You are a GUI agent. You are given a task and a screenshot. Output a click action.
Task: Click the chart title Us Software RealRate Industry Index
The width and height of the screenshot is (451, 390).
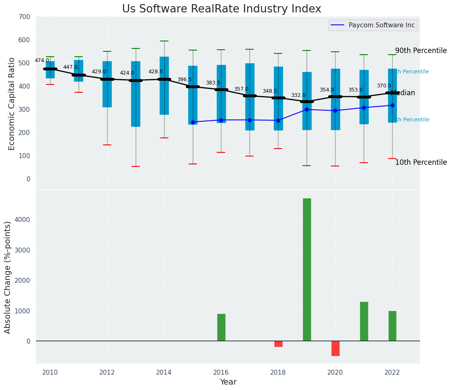pyautogui.click(x=221, y=9)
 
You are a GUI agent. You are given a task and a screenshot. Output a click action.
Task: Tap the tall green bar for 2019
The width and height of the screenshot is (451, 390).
pyautogui.click(x=307, y=269)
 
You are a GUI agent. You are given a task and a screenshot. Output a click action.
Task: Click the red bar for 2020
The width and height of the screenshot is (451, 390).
pyautogui.click(x=335, y=348)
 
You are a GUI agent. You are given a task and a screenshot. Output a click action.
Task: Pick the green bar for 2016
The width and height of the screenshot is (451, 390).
pyautogui.click(x=221, y=327)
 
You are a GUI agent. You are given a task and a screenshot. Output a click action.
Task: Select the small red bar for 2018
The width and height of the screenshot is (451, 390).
pyautogui.click(x=278, y=344)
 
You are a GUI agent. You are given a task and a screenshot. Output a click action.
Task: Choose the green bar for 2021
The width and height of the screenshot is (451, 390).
pyautogui.click(x=364, y=321)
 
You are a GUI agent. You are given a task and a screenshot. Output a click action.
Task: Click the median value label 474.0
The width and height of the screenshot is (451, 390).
pyautogui.click(x=42, y=60)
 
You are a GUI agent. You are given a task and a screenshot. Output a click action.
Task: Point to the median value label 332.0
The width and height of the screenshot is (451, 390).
pyautogui.click(x=298, y=96)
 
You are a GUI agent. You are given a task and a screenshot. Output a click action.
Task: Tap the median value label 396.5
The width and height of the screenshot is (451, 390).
pyautogui.click(x=185, y=79)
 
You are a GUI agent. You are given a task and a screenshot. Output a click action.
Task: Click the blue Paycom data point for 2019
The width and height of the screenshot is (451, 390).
pyautogui.click(x=307, y=109)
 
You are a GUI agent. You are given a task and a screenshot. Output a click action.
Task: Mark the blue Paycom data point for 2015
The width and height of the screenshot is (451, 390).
pyautogui.click(x=193, y=122)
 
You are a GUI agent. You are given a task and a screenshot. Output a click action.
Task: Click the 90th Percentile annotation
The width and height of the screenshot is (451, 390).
pyautogui.click(x=421, y=51)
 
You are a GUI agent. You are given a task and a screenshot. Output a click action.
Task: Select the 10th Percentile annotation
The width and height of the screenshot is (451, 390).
pyautogui.click(x=421, y=163)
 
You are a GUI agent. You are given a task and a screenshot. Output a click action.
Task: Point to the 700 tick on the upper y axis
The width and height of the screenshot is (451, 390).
pyautogui.click(x=24, y=17)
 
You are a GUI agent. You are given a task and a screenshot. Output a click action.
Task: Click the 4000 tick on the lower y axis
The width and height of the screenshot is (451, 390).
pyautogui.click(x=22, y=219)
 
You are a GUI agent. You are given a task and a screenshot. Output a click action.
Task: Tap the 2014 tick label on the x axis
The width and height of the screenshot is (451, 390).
pyautogui.click(x=164, y=372)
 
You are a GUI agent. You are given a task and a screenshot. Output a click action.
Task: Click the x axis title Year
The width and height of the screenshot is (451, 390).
pyautogui.click(x=228, y=382)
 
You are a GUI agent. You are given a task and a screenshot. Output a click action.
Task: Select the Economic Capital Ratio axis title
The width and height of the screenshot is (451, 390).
pyautogui.click(x=12, y=104)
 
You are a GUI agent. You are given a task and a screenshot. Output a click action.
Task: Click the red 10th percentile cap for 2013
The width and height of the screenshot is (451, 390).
pyautogui.click(x=136, y=166)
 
